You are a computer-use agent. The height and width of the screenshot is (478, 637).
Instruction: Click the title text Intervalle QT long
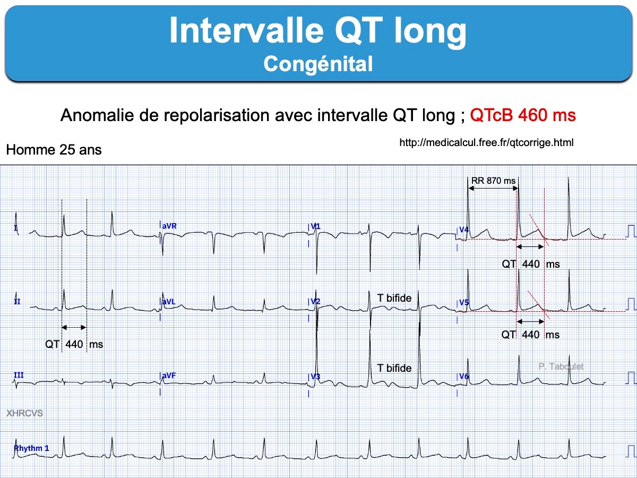tap(318, 31)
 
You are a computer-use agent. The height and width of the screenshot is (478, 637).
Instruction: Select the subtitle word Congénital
tap(318, 64)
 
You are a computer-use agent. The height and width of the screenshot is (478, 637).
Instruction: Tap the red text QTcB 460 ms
tap(523, 115)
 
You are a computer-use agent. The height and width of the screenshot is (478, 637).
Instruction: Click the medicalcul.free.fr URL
tap(486, 142)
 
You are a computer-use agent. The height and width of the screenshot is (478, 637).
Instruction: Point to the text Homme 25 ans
tap(54, 150)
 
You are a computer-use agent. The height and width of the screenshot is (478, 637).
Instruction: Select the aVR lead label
tap(169, 226)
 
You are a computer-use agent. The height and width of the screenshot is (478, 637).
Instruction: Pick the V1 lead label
tap(315, 226)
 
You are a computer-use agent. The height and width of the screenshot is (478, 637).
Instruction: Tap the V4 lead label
tap(464, 229)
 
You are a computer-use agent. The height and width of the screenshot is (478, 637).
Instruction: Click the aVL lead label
tap(169, 302)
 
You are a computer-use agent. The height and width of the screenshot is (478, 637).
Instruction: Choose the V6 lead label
tap(464, 377)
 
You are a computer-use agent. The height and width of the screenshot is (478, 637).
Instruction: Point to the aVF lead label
tap(169, 375)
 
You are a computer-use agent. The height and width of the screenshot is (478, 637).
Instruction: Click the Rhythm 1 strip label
tap(32, 448)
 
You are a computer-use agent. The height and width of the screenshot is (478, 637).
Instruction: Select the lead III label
tap(19, 375)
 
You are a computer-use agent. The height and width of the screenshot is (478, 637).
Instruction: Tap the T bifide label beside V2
tap(394, 298)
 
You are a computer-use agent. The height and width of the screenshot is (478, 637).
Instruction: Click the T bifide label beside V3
tap(394, 368)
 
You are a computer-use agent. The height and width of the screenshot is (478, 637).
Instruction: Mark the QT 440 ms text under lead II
tap(74, 345)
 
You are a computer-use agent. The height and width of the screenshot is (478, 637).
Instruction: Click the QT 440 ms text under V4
tap(531, 264)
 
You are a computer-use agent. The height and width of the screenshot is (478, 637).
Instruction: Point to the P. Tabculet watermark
tap(561, 366)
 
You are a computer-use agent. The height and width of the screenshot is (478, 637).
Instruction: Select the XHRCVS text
tap(24, 413)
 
